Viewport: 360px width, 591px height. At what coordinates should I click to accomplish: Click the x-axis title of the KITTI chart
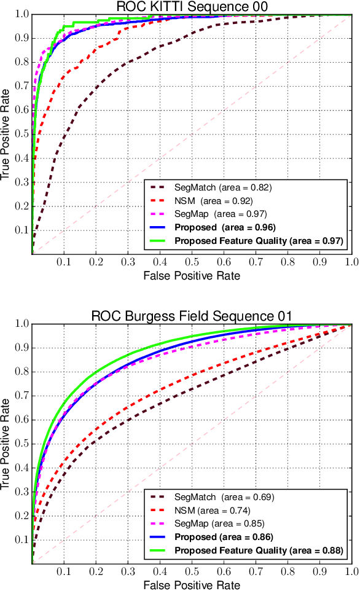point(191,276)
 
